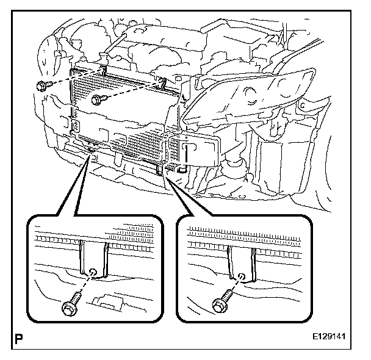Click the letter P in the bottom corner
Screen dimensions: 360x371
(14, 336)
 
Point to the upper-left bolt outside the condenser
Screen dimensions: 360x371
(42, 86)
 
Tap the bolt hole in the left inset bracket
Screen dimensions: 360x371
(93, 272)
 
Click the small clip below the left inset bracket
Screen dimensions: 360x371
(108, 301)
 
